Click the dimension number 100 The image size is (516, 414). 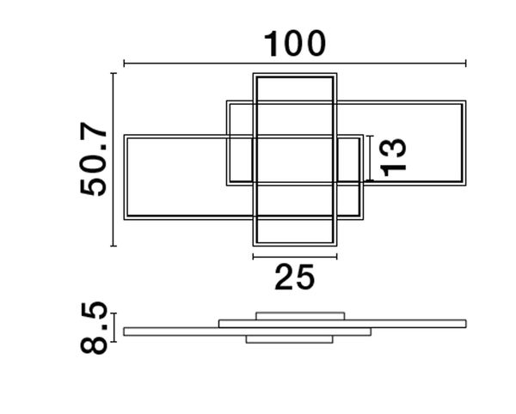click(x=295, y=42)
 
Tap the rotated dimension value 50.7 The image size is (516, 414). click(x=95, y=161)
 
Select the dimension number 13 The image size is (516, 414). click(x=393, y=156)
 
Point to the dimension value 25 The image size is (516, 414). click(x=295, y=277)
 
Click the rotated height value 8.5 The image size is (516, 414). click(x=94, y=328)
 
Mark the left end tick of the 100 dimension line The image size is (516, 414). click(x=125, y=63)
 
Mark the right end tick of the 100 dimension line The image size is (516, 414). click(x=465, y=63)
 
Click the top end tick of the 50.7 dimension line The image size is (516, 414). click(x=114, y=75)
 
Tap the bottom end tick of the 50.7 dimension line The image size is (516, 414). click(x=114, y=246)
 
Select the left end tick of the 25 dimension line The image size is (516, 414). click(x=253, y=256)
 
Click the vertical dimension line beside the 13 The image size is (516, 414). click(x=368, y=157)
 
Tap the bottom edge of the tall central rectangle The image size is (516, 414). click(x=295, y=244)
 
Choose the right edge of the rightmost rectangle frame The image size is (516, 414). click(x=465, y=143)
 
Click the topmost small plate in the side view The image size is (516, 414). click(x=300, y=314)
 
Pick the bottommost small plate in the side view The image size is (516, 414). click(x=288, y=340)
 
